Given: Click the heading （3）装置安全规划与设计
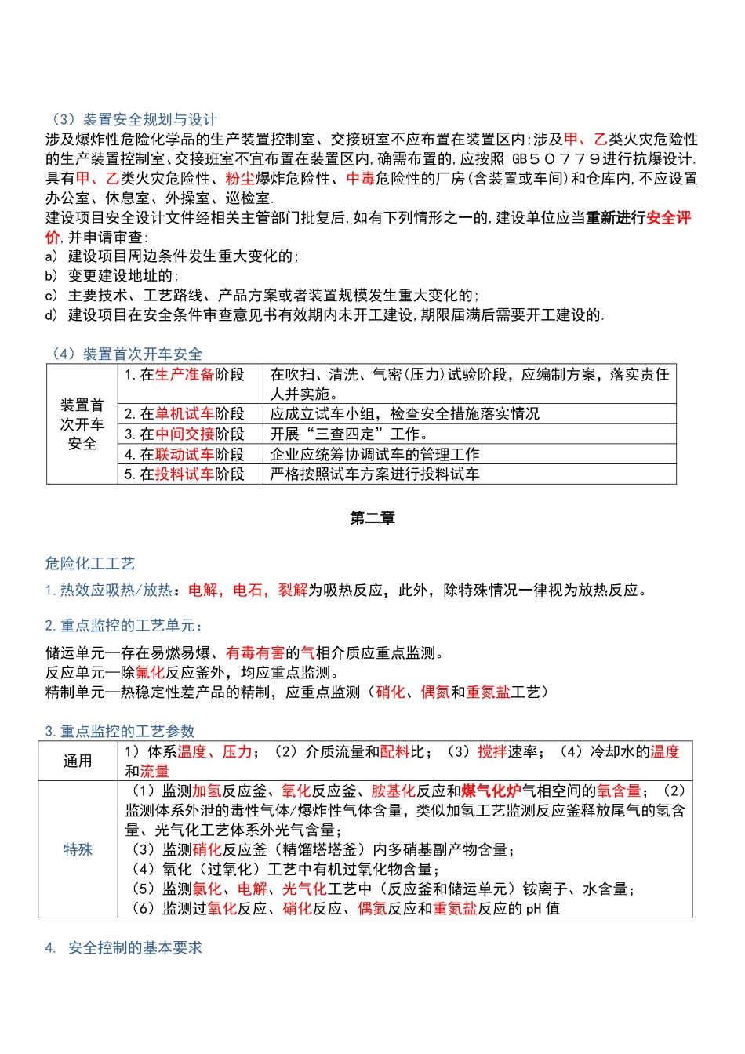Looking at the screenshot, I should (131, 119).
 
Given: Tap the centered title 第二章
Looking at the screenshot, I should (372, 518).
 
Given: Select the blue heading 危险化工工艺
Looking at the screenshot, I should (90, 563).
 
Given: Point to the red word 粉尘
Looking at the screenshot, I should (240, 178).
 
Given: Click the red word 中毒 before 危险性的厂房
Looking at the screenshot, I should (361, 178).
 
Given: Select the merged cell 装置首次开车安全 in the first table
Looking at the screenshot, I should (82, 424).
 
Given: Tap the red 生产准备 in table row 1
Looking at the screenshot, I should (184, 375).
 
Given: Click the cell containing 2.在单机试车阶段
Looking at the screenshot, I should (185, 414).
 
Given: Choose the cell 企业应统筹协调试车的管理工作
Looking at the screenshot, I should (375, 455).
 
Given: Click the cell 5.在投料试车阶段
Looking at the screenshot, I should (185, 474).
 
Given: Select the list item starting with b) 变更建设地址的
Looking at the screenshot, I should (112, 275).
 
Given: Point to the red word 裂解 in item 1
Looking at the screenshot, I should (293, 590).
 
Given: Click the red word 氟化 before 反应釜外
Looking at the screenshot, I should (150, 672).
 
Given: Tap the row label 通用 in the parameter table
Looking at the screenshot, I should (78, 761).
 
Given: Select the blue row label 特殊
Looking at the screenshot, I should (78, 849).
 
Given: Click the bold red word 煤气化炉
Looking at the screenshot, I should (492, 790).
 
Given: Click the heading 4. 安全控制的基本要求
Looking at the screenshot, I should (124, 947).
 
